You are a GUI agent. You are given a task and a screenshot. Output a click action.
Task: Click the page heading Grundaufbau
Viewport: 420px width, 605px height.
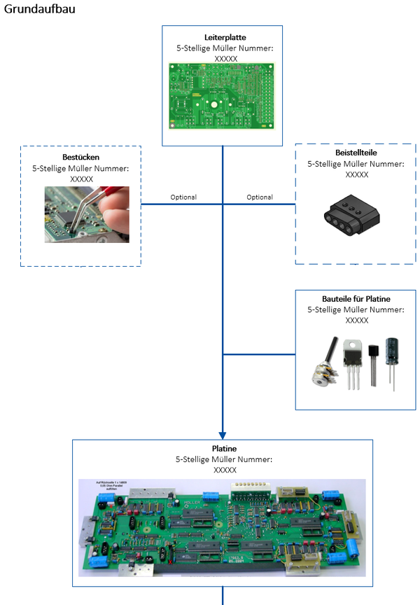(x=39, y=9)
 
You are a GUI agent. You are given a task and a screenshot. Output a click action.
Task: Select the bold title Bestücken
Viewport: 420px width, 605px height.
(x=80, y=157)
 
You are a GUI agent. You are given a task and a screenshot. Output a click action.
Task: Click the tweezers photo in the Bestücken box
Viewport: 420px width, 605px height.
(x=87, y=214)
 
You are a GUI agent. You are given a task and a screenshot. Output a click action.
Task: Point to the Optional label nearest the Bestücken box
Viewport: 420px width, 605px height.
(x=183, y=197)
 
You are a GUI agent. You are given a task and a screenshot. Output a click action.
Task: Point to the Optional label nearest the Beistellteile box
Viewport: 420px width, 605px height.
(x=260, y=197)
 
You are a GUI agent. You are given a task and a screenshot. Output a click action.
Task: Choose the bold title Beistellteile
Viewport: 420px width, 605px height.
(x=357, y=152)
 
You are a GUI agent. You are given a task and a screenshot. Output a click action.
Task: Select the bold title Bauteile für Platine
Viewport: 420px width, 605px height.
(x=357, y=299)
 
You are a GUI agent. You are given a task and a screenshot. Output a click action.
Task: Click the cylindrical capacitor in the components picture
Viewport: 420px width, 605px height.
(x=396, y=355)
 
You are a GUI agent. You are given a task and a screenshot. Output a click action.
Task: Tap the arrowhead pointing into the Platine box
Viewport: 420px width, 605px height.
(x=223, y=433)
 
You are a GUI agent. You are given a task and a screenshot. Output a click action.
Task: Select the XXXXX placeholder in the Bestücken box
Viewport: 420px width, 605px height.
(x=81, y=179)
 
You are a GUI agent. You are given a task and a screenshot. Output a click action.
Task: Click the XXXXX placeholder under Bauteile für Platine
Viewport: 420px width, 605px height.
(x=357, y=321)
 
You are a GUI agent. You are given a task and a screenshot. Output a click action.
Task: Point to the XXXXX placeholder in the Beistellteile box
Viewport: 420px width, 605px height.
(x=357, y=174)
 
